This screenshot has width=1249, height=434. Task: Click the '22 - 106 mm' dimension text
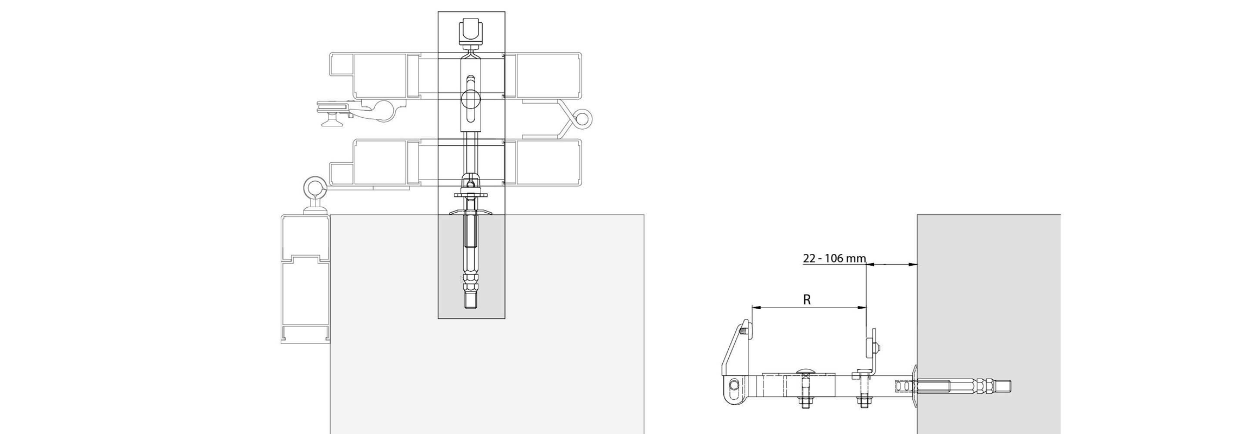(834, 258)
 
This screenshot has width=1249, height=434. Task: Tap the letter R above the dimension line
(807, 299)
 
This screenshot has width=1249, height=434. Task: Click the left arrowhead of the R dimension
(756, 308)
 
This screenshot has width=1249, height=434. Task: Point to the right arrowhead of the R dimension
(862, 308)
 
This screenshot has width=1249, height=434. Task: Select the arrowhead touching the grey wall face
(913, 265)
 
